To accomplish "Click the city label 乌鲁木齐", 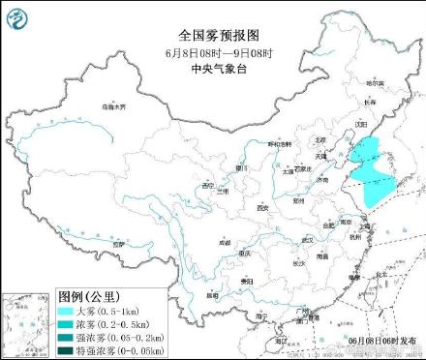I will pos(113,106).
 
